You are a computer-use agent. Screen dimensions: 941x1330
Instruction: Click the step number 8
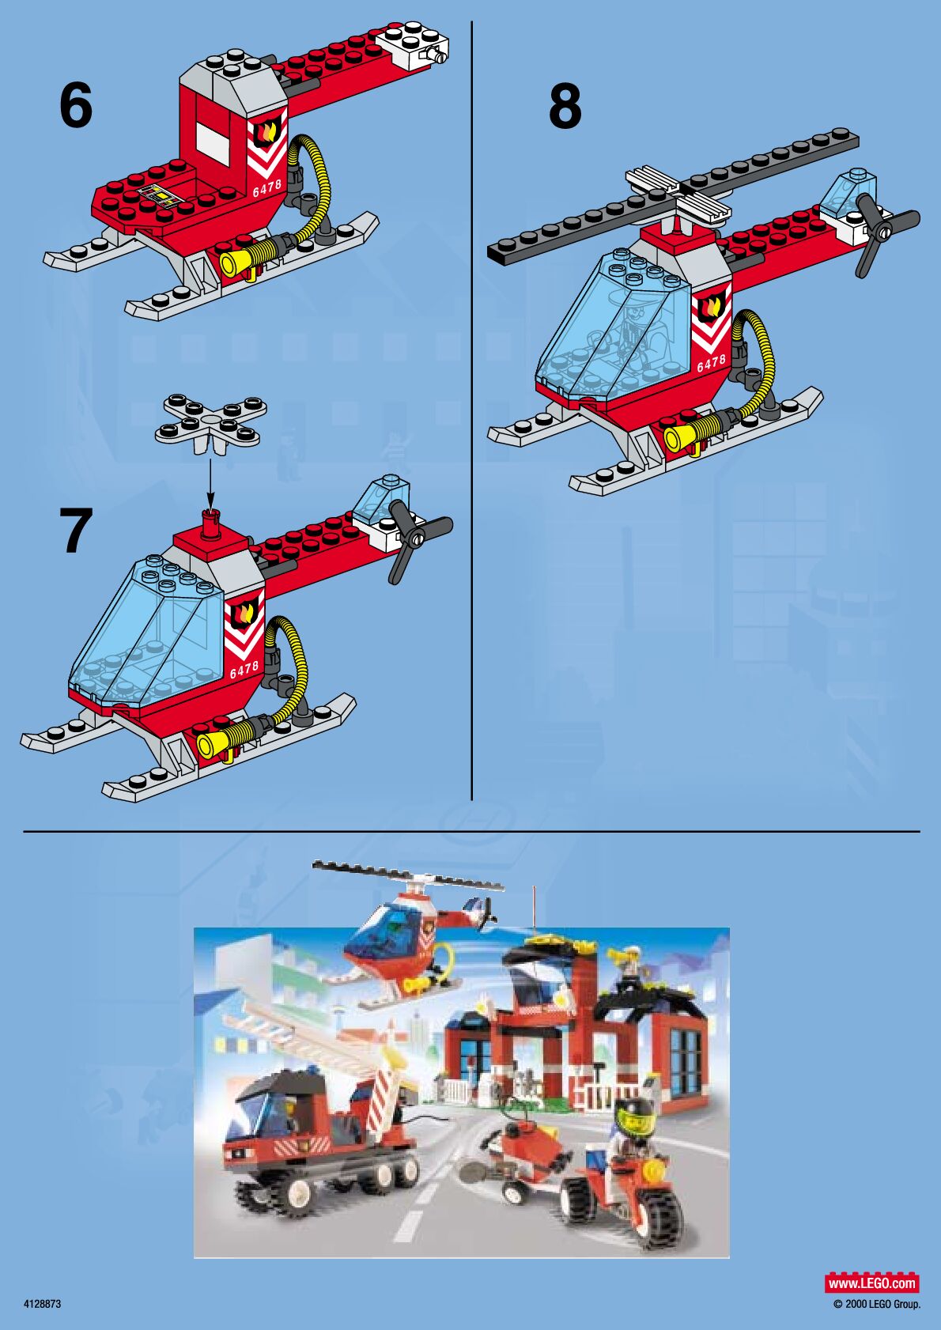(565, 106)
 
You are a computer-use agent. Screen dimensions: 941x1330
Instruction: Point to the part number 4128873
(42, 1304)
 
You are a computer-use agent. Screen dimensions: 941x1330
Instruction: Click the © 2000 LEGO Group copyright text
(877, 1304)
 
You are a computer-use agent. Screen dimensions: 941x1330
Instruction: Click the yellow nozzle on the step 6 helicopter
(235, 260)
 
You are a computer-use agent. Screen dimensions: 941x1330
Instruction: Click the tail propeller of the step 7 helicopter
(419, 539)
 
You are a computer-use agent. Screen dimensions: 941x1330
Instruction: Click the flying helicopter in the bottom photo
(409, 938)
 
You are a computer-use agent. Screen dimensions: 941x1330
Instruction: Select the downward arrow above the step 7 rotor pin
(210, 482)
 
